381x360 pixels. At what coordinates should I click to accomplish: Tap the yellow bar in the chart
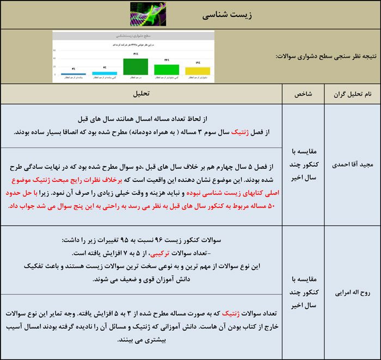[x=197, y=71]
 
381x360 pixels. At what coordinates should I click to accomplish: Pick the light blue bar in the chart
[x=104, y=73]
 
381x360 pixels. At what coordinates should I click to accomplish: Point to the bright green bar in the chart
[x=167, y=69]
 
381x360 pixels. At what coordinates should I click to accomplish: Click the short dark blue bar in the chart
[x=73, y=74]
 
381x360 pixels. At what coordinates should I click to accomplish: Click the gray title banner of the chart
[x=133, y=35]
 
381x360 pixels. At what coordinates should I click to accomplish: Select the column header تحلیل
[x=142, y=94]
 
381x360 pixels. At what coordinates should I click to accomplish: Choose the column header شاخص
[x=303, y=94]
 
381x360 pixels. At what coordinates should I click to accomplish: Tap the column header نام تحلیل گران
[x=352, y=94]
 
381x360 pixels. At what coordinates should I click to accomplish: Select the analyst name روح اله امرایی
[x=352, y=292]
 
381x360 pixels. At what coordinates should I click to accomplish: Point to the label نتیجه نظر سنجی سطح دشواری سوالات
[x=325, y=56]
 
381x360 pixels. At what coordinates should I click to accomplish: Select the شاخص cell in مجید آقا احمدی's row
[x=303, y=164]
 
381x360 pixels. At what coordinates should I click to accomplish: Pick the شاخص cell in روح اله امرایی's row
[x=303, y=292]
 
